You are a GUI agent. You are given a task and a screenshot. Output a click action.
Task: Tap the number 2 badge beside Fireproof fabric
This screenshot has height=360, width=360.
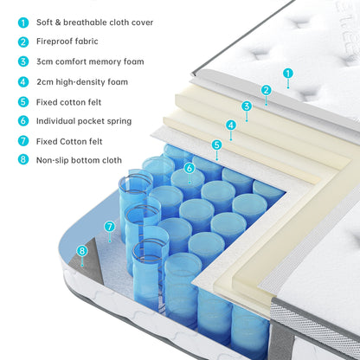22,42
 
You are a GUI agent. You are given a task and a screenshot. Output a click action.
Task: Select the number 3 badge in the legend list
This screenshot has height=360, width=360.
22,61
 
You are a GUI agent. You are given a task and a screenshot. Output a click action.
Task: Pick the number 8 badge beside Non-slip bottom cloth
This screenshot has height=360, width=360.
22,160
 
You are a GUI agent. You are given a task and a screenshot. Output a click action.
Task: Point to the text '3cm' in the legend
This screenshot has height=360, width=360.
46,61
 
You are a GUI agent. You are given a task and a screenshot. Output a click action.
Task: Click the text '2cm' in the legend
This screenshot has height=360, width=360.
46,81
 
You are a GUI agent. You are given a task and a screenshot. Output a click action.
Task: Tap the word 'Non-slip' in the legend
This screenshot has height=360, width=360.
55,160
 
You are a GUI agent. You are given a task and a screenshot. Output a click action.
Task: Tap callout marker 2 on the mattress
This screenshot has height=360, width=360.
267,89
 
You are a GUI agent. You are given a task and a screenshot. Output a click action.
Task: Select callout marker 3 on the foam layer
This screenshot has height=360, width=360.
247,106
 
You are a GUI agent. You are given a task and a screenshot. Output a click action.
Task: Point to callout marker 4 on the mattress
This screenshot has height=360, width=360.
231,125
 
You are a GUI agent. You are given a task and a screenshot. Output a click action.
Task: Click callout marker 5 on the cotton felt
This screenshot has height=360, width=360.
216,145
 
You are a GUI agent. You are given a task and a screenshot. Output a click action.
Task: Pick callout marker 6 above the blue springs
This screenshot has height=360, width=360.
189,168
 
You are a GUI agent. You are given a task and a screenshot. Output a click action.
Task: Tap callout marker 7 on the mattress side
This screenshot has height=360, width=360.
109,227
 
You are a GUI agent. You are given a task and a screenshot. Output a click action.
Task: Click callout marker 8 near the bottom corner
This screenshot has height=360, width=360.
82,251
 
